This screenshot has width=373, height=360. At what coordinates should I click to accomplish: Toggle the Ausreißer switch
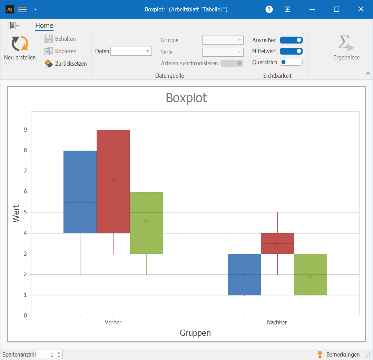point(291,40)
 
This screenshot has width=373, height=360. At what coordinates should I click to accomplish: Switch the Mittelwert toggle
point(291,51)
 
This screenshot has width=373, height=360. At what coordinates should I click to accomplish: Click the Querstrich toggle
point(291,62)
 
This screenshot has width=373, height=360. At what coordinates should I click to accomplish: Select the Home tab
point(44,26)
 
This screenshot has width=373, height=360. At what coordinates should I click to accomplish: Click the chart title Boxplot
point(186,98)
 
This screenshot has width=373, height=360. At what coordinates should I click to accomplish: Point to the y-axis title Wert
point(16,213)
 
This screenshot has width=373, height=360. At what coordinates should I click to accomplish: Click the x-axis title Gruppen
point(195,333)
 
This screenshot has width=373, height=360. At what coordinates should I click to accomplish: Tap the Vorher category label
point(113,322)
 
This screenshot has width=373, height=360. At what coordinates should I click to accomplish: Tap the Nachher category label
point(277,322)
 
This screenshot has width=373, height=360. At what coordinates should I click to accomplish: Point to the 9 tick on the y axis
point(25,130)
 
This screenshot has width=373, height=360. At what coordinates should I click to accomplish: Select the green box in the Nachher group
point(310,287)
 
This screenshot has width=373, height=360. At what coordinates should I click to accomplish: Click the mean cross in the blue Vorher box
point(80,200)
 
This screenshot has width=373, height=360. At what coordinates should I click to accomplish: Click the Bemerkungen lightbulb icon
point(320,354)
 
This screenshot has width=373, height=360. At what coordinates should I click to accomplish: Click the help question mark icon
point(269,9)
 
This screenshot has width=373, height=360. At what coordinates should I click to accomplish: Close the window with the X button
point(361,9)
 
